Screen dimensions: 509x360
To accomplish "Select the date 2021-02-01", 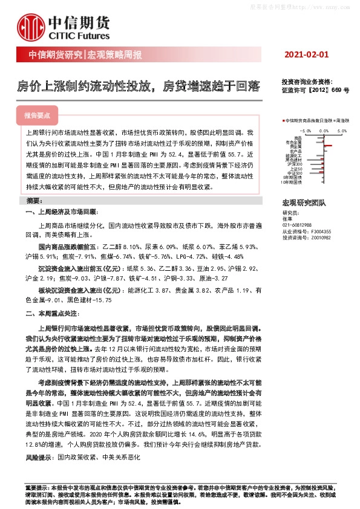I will click(x=306, y=54).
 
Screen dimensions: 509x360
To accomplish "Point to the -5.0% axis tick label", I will click(x=305, y=129).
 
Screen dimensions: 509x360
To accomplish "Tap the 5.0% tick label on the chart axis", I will click(x=342, y=129).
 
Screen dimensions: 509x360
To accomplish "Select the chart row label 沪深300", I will click(x=295, y=163).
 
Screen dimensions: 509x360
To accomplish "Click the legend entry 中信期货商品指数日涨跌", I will click(x=308, y=121).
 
